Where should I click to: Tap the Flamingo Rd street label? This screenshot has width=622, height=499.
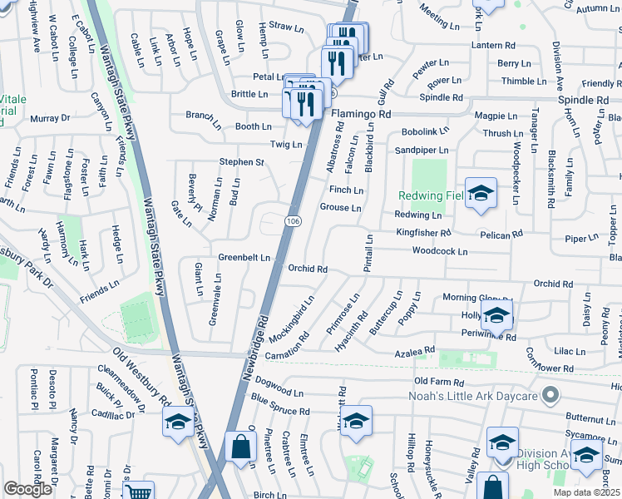tap(361, 113)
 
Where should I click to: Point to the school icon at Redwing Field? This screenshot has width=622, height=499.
tap(480, 194)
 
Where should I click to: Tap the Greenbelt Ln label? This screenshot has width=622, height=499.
tap(244, 258)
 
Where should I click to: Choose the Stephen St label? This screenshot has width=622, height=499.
tap(241, 161)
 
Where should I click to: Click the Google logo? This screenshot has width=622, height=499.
tap(27, 489)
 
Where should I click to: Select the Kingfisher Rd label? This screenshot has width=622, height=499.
tap(423, 233)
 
